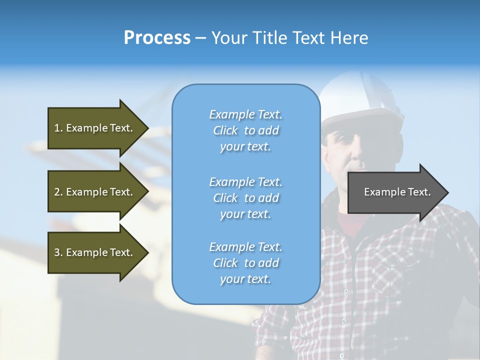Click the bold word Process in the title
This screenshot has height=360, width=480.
click(x=157, y=38)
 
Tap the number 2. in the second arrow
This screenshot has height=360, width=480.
click(x=58, y=192)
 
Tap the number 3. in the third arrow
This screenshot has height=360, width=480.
click(x=58, y=252)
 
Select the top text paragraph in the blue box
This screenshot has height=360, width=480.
click(x=245, y=130)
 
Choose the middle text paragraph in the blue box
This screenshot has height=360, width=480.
click(x=245, y=198)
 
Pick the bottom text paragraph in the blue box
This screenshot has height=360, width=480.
click(x=245, y=263)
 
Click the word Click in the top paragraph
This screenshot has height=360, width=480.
click(x=225, y=130)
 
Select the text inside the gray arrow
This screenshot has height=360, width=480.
click(x=397, y=192)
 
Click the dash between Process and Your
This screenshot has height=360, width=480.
click(x=200, y=38)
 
